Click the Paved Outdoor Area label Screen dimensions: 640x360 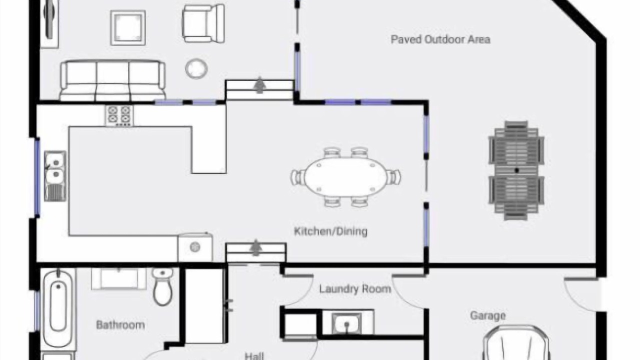point(440,39)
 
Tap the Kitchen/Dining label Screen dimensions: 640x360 point(330,231)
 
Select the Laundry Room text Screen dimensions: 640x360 point(355,289)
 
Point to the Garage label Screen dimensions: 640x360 point(487,315)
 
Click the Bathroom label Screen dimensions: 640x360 point(120,325)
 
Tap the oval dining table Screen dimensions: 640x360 point(345,177)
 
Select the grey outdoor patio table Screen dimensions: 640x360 point(516,170)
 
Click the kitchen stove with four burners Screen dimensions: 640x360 point(119,115)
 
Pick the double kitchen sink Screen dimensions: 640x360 point(55,176)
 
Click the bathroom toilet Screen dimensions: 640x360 point(162,286)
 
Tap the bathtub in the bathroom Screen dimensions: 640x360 point(58,309)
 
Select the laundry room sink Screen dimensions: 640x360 point(346,323)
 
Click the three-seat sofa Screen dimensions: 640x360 point(112,80)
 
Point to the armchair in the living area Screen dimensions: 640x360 point(203,23)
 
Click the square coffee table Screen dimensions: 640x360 point(127,27)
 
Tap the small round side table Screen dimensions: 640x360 point(196,68)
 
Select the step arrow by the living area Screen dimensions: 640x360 point(259,85)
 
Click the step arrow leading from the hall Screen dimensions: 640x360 point(255,247)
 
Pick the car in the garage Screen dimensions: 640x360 point(516,343)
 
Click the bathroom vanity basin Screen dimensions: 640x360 point(119,278)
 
